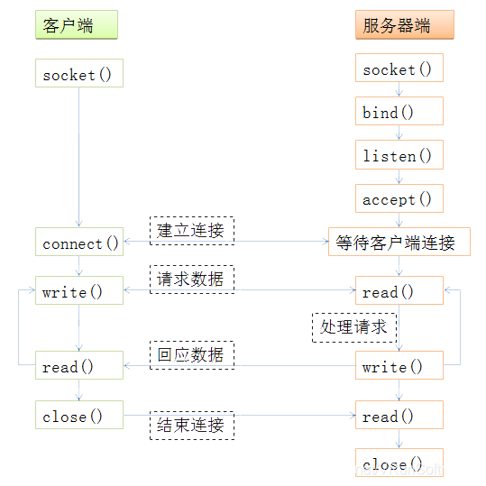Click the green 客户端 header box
click(77, 25)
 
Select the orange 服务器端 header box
click(405, 25)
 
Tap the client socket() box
click(79, 73)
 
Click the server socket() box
click(399, 68)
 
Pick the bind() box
click(399, 111)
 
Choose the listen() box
click(399, 155)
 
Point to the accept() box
click(399, 198)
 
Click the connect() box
click(79, 242)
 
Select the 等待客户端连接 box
click(399, 242)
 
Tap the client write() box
click(79, 290)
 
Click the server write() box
click(399, 365)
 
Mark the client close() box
click(79, 415)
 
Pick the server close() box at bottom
click(399, 463)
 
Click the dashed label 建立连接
click(192, 231)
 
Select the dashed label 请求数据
click(192, 280)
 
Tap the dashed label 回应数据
click(192, 355)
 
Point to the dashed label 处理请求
click(354, 327)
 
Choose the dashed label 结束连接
click(192, 426)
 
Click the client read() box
click(79, 365)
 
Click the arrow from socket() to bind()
click(399, 89)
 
